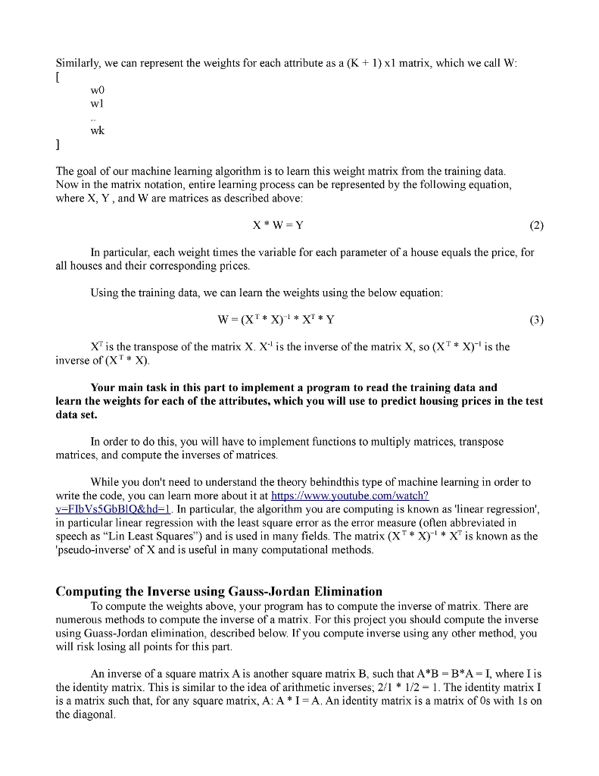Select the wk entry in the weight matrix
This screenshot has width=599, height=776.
pyautogui.click(x=98, y=130)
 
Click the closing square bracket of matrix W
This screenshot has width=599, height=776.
pyautogui.click(x=58, y=144)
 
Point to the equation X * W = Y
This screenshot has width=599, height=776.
pyautogui.click(x=279, y=225)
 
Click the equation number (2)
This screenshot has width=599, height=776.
pyautogui.click(x=535, y=225)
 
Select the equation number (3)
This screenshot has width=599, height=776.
pyautogui.click(x=535, y=318)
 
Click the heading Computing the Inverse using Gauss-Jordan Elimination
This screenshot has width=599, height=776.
pyautogui.click(x=219, y=591)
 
